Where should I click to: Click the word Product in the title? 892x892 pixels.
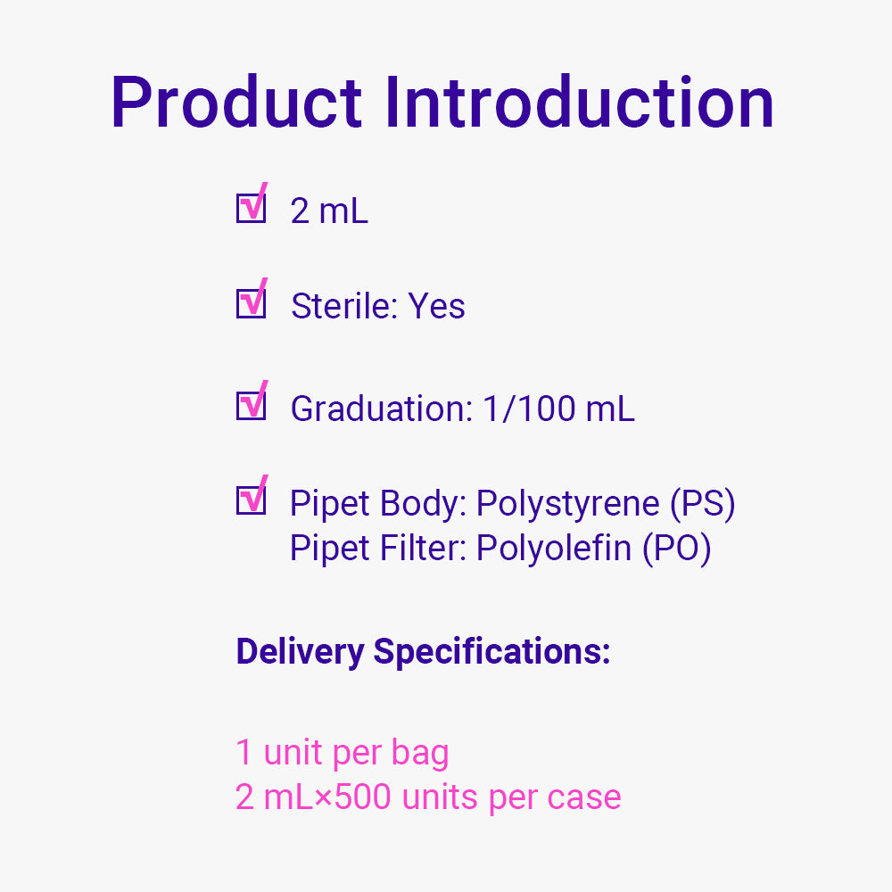236,103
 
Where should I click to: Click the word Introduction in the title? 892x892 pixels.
580,103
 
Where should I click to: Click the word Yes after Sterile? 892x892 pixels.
436,305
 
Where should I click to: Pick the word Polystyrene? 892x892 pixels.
567,504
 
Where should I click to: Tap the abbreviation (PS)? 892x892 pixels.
703,504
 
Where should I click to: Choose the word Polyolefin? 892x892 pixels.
554,548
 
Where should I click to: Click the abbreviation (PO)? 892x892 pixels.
677,549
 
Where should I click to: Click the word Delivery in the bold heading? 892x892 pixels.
300,651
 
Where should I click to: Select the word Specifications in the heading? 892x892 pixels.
492,651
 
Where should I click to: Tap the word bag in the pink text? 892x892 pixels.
420,753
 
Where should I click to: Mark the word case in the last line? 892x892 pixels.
584,797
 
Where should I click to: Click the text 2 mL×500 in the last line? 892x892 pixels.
313,797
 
